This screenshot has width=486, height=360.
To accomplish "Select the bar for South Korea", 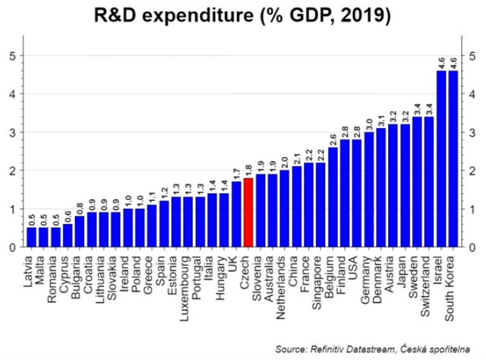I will point(453,159).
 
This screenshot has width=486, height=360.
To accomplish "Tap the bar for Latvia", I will point(32,237).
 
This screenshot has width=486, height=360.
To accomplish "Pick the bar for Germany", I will point(369,190).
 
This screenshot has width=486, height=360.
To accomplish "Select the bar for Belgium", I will point(333,197).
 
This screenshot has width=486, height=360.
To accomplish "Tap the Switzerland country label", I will point(429,280).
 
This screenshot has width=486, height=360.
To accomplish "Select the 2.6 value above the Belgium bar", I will point(333,137).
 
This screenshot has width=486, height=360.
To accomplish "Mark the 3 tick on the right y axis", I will point(472,132).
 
